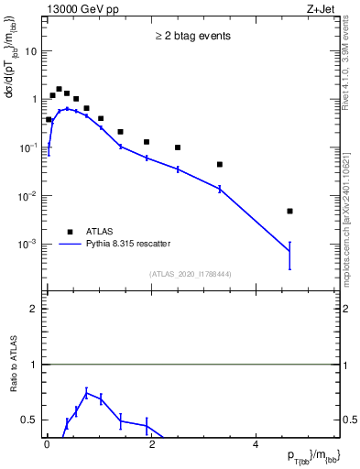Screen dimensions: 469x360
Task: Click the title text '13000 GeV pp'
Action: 77,8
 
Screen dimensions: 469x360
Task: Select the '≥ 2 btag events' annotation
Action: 191,37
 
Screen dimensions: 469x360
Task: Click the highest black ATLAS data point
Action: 59,90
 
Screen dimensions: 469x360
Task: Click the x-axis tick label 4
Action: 256,444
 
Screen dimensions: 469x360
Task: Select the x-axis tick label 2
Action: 151,444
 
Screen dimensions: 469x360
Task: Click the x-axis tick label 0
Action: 47,444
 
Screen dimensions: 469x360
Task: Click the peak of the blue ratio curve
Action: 86,393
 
